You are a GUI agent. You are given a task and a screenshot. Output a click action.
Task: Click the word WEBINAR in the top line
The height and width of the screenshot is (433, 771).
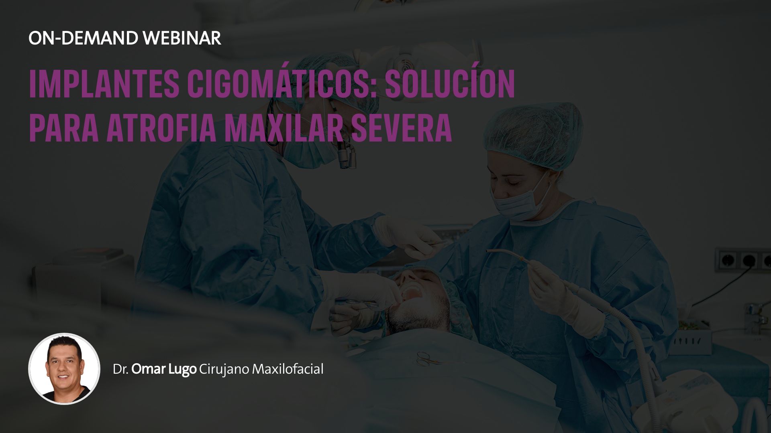coord(182,38)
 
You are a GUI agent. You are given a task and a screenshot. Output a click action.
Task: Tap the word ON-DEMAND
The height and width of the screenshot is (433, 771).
coord(83,38)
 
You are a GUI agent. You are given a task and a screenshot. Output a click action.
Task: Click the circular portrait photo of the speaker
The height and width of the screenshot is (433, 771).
coord(64,368)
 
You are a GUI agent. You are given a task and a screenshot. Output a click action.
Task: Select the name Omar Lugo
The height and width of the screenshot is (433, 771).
coord(164,369)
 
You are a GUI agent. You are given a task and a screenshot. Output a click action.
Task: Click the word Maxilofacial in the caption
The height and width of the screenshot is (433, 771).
coord(288,369)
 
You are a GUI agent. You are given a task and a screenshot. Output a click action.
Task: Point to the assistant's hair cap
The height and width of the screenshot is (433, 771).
coord(534,134)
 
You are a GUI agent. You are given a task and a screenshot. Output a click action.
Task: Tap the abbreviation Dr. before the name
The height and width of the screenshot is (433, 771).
coord(120,369)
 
